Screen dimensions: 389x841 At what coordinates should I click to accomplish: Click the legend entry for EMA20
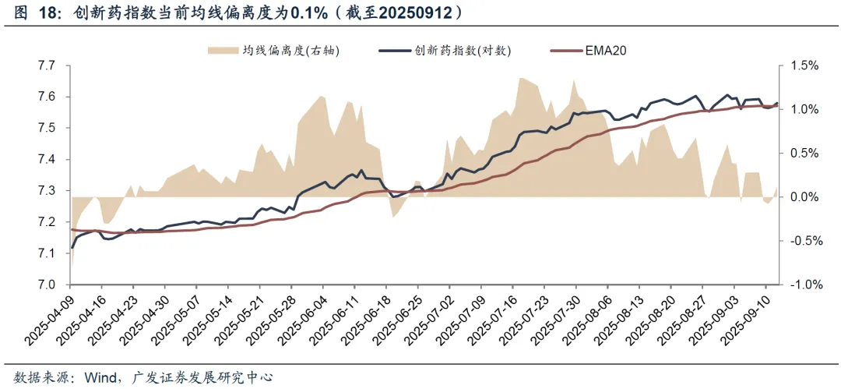[605, 51]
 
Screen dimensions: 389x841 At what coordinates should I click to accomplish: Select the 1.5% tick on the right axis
[804, 65]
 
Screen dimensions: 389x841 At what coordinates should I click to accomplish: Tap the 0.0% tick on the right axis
[804, 197]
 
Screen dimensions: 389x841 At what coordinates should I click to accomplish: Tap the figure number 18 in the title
[45, 13]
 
